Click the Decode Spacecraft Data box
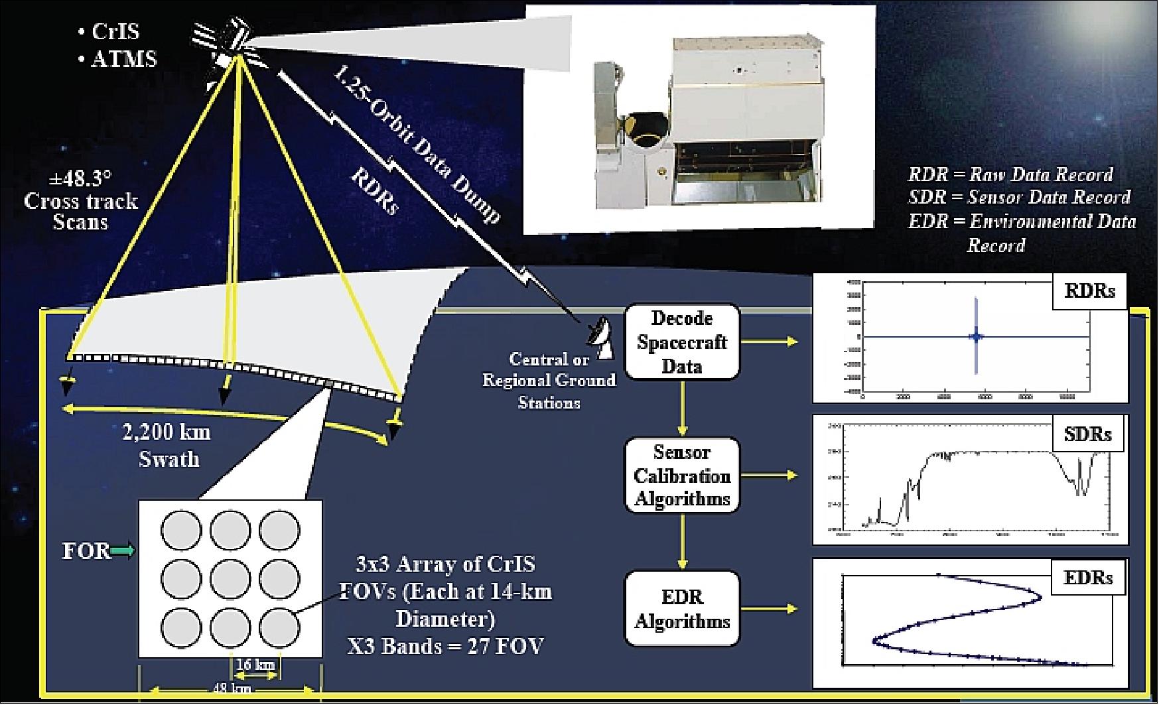[x=681, y=342]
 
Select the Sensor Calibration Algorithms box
[x=681, y=476]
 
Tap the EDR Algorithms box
[x=682, y=609]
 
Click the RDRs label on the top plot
[x=1089, y=291]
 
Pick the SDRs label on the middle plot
[x=1087, y=434]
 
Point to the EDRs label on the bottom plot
[x=1088, y=577]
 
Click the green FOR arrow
[x=123, y=550]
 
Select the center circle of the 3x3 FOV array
[x=230, y=579]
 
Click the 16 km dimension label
[x=255, y=664]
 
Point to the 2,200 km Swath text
[x=167, y=446]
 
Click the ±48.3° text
[x=81, y=180]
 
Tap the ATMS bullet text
[x=123, y=60]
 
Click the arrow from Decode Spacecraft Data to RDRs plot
[x=770, y=342]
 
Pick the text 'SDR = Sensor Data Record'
[x=1019, y=198]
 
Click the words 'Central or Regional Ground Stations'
[x=549, y=381]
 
